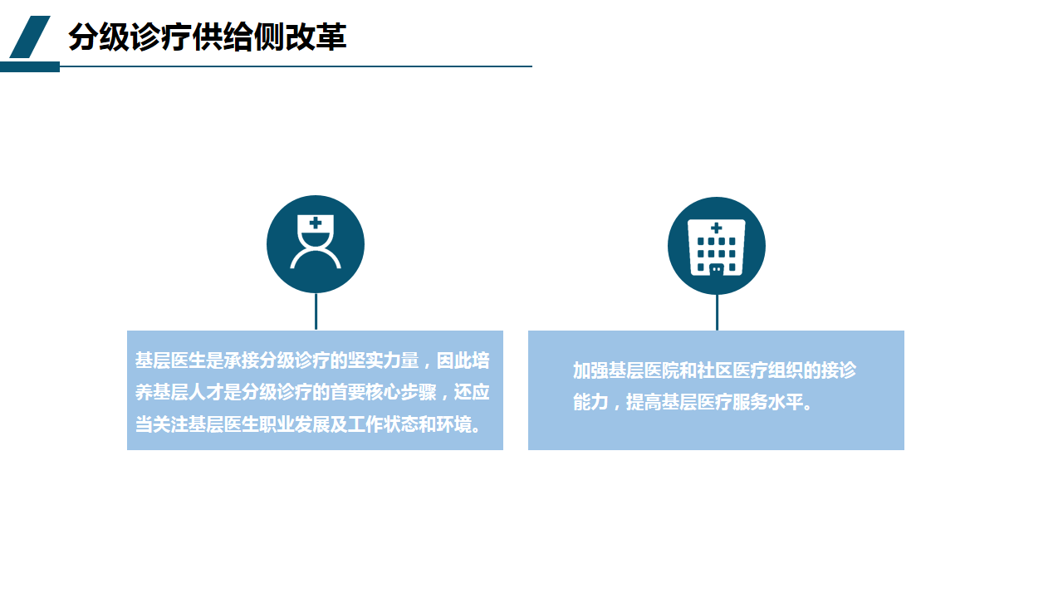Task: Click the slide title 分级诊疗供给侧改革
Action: click(208, 37)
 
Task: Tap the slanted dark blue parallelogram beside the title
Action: click(30, 37)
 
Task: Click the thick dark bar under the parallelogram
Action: click(29, 67)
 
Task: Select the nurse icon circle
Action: click(316, 244)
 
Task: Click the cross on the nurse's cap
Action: click(315, 223)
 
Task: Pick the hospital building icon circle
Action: click(717, 246)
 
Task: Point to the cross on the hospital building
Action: click(717, 228)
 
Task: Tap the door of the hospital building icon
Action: click(717, 270)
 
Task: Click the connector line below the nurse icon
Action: click(316, 311)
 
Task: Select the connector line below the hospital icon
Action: click(717, 312)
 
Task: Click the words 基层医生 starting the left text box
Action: click(170, 360)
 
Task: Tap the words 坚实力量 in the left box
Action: click(383, 360)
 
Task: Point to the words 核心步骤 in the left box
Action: click(401, 393)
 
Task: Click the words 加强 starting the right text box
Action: click(590, 370)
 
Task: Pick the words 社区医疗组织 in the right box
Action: click(750, 370)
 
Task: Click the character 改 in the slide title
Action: click(300, 37)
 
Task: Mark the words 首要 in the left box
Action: click(347, 393)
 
